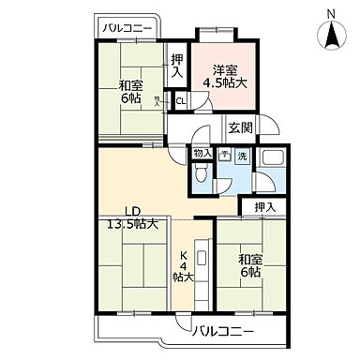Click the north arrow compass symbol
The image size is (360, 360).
[332, 37]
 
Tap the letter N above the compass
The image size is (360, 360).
[332, 12]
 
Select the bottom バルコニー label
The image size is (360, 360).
[224, 330]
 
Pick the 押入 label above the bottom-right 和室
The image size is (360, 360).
[263, 206]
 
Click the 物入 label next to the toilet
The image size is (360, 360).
[202, 153]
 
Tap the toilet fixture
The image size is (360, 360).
[202, 174]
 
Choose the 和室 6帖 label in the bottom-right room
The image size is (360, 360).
[249, 264]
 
